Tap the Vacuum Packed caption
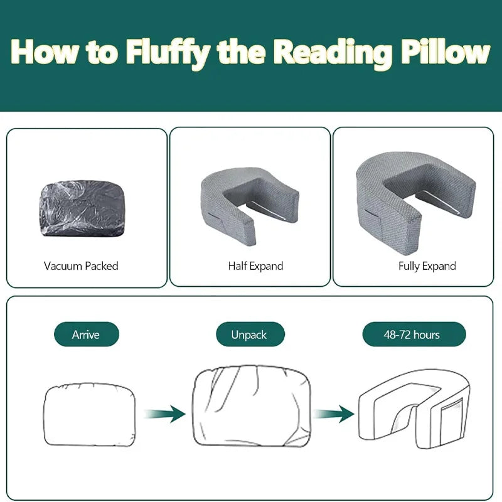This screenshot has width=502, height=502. tap(81, 266)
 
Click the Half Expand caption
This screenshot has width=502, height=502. tap(255, 266)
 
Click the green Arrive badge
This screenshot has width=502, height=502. tap(85, 334)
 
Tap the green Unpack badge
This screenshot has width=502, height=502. tap(249, 334)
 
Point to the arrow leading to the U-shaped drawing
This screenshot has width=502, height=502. tap(334, 414)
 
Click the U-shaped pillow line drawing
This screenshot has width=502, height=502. tap(414, 408)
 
